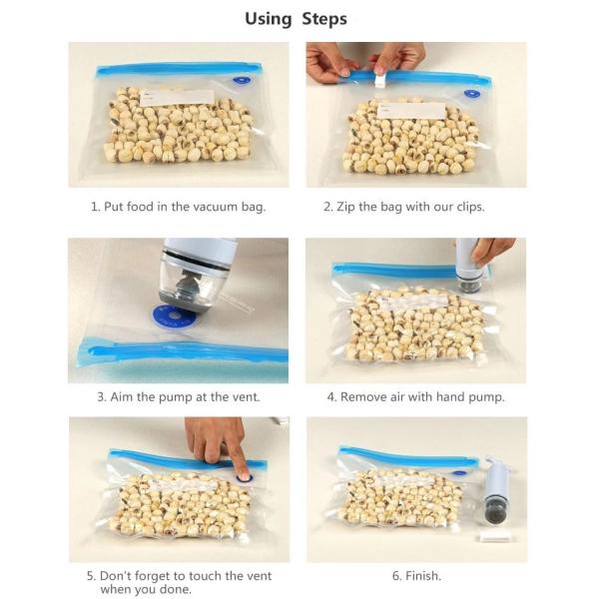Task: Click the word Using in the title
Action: [x=269, y=19]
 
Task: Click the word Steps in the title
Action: [x=324, y=19]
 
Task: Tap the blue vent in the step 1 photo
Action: [x=242, y=80]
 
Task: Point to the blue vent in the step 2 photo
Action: [x=472, y=93]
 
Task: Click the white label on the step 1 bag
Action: [x=177, y=98]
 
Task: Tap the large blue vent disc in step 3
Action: [x=174, y=317]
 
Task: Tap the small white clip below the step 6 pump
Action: [x=493, y=538]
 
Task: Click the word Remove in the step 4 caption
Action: [x=363, y=397]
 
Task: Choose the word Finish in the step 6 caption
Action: [x=422, y=575]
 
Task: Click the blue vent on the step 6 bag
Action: [x=459, y=472]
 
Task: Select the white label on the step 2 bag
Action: [x=411, y=111]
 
